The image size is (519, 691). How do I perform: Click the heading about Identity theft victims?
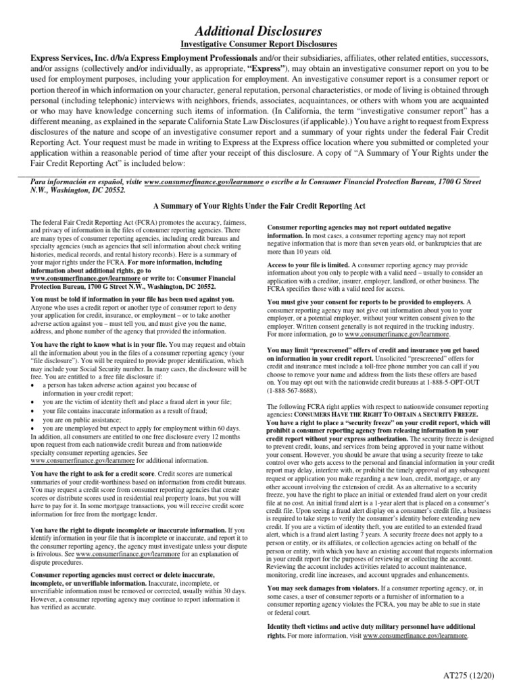(x=371, y=626)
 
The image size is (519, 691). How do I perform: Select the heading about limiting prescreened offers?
(x=374, y=350)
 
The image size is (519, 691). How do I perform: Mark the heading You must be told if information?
(x=132, y=298)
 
